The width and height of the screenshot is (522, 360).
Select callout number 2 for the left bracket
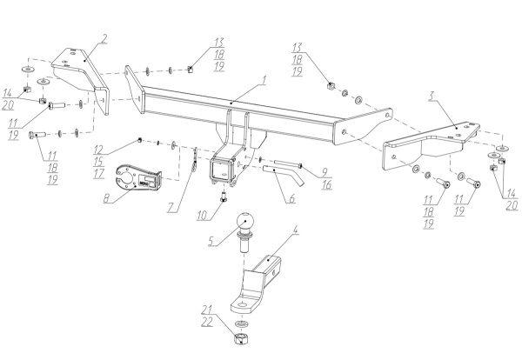click(104, 38)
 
